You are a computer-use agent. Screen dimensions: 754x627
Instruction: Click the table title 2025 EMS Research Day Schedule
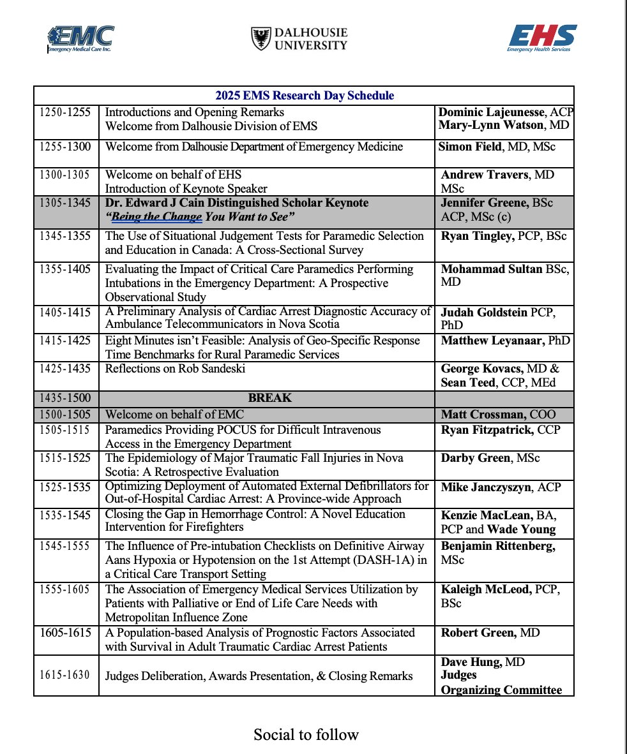(x=304, y=96)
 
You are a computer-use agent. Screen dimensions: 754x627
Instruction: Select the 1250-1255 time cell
(x=64, y=112)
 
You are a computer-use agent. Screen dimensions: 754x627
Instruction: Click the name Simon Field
(x=466, y=147)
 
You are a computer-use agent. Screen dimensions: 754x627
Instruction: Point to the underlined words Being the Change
(x=157, y=218)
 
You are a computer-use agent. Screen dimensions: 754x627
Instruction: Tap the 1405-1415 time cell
(x=64, y=313)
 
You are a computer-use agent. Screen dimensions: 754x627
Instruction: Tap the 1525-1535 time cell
(x=64, y=487)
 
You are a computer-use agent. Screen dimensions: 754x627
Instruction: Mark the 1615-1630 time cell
(x=64, y=676)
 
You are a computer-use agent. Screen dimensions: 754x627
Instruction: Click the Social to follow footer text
(x=306, y=734)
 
